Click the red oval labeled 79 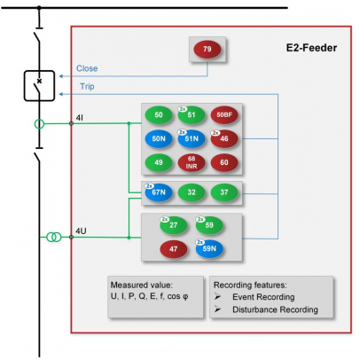tap(207, 49)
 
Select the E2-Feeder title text tap(311, 48)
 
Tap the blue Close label tap(87, 68)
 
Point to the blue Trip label tap(87, 86)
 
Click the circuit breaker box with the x tap(39, 86)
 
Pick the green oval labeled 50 tap(159, 115)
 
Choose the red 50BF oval tap(224, 115)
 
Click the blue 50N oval tap(159, 138)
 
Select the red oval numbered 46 tap(224, 138)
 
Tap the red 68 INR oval tap(192, 162)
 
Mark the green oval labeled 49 tap(159, 162)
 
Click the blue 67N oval tap(159, 192)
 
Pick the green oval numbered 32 tap(192, 192)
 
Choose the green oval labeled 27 tap(174, 225)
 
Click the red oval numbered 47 tap(174, 249)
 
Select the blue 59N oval tap(209, 249)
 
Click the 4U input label tap(81, 231)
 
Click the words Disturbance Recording tap(275, 309)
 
